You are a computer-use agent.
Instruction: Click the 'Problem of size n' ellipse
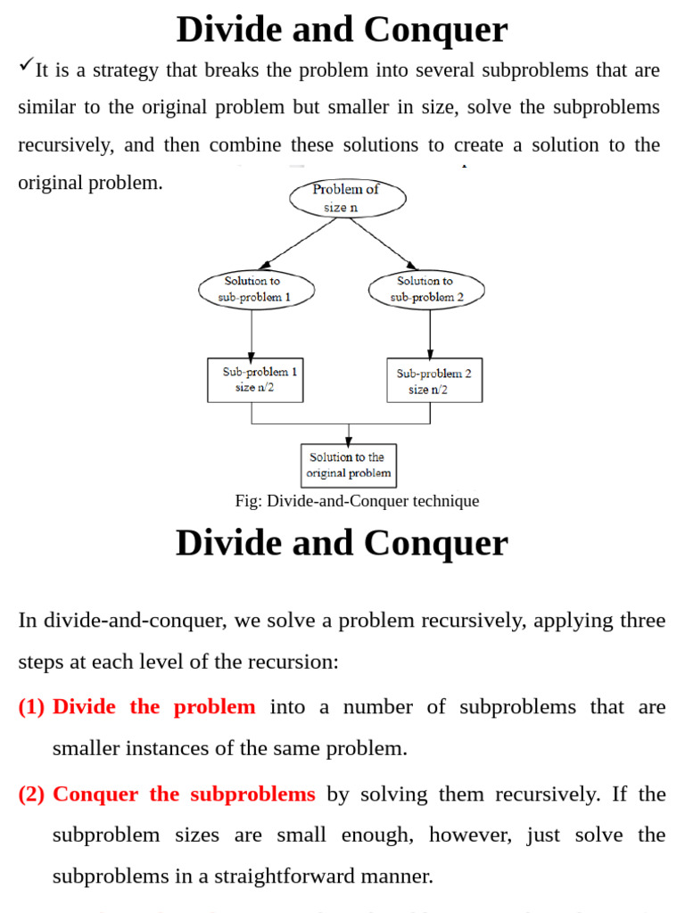pos(347,198)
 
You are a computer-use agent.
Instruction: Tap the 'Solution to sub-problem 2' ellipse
pos(426,289)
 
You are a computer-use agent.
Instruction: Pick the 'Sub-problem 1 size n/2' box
pos(255,380)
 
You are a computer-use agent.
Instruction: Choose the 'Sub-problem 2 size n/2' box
pos(434,381)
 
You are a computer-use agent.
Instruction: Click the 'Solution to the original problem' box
pos(349,465)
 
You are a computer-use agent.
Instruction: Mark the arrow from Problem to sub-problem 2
pos(384,243)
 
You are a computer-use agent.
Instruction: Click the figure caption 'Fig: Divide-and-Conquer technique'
pos(357,501)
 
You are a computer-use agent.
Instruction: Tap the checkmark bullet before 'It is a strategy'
pos(25,64)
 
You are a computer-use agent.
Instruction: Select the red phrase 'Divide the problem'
pos(153,707)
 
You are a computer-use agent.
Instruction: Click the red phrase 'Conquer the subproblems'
pos(184,794)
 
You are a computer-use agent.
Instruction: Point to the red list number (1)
pos(31,707)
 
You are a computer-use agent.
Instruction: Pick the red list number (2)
pos(31,794)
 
